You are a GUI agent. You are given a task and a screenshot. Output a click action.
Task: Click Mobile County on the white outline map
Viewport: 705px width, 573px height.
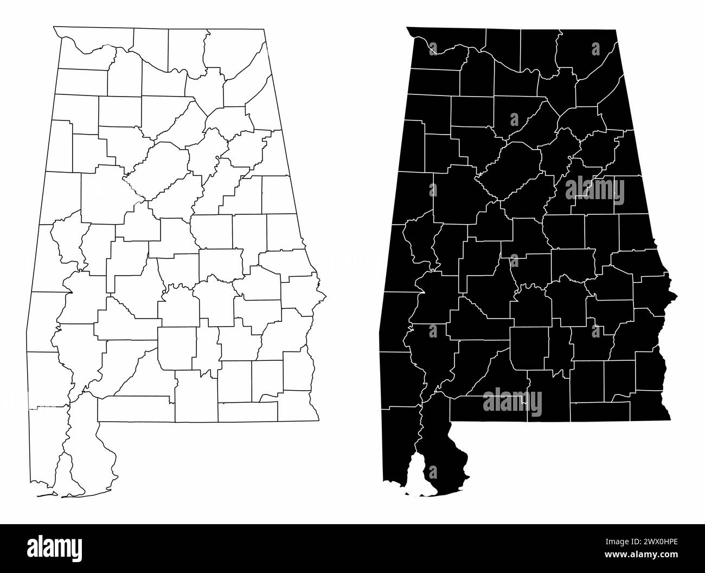click(x=46, y=445)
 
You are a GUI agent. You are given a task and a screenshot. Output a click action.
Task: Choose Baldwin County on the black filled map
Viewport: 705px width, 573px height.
click(x=442, y=459)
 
